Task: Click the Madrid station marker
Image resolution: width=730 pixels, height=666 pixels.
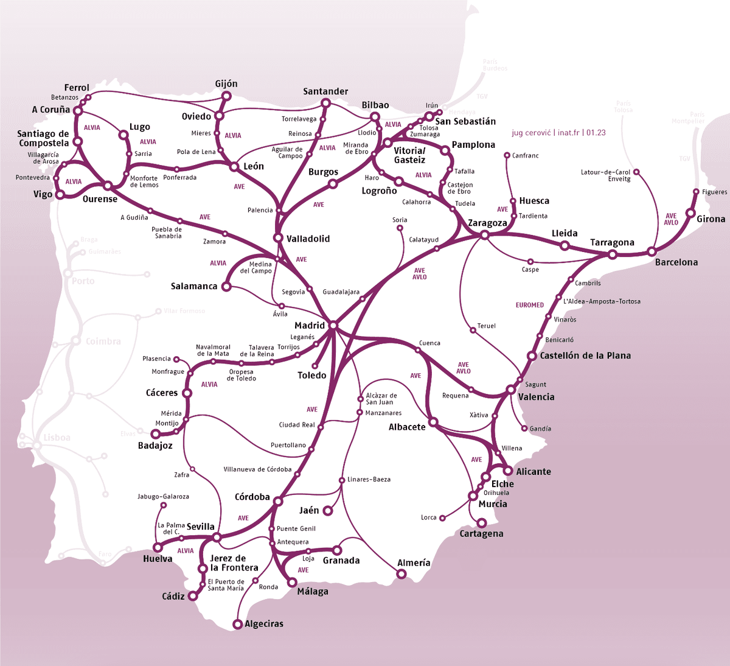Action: point(333,326)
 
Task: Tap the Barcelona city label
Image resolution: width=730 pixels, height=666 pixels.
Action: point(676,262)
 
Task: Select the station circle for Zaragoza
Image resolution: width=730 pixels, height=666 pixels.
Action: point(485,234)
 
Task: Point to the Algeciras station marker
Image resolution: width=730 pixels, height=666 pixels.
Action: point(238,624)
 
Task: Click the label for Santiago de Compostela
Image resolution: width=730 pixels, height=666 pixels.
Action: point(43,138)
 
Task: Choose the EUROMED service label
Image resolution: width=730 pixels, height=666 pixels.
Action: point(529,305)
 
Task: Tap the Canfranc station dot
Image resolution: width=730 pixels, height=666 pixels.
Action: point(507,156)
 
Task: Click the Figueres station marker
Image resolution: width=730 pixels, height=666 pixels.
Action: point(697,192)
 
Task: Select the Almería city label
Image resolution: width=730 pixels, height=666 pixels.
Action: point(414,563)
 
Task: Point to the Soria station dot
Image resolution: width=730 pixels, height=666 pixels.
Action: point(400,228)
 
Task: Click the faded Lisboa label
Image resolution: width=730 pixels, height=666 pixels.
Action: point(57,438)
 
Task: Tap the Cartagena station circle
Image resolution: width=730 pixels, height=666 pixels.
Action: point(482,523)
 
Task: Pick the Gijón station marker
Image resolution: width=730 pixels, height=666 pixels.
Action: point(227,96)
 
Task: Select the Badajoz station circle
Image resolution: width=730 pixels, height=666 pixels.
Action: point(155,434)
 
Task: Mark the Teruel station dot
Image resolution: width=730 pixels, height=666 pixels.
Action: point(473,330)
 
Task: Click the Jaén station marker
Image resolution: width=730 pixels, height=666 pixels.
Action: point(327,511)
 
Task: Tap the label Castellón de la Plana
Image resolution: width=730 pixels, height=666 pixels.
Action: point(585,356)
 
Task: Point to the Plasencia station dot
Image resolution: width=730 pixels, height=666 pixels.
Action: point(176,359)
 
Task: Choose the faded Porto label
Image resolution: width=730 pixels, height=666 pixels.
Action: point(83,281)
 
